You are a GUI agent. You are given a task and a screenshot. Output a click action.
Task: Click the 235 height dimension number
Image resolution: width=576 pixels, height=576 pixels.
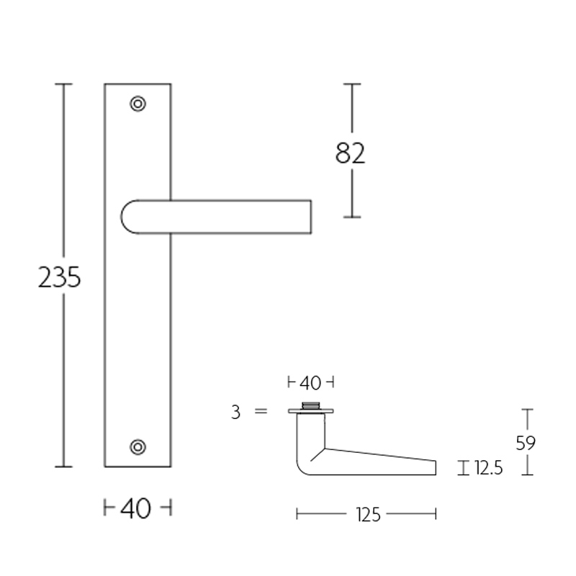pos(60,277)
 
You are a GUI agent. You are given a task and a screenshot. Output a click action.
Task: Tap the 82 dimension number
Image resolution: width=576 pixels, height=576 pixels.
pos(351,153)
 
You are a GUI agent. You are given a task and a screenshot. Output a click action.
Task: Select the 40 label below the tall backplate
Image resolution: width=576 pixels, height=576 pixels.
pos(136,509)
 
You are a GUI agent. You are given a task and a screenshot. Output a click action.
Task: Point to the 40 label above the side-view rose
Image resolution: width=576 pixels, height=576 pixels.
pos(310,382)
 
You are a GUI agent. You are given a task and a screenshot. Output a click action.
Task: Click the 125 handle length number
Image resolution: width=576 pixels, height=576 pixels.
pos(366,514)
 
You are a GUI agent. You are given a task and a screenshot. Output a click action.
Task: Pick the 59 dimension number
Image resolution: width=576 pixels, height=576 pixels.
pos(526,443)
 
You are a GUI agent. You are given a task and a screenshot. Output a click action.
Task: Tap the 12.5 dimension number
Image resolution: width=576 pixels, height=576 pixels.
pos(488,469)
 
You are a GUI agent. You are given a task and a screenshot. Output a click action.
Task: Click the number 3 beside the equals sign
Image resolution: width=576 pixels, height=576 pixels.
pos(235,413)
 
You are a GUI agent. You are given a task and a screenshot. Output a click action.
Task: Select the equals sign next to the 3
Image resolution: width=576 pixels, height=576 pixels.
pos(261,412)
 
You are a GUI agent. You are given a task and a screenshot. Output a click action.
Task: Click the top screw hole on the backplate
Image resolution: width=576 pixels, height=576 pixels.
pos(138,104)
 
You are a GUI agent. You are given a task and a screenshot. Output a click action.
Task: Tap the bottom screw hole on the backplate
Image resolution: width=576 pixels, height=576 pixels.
pos(138,446)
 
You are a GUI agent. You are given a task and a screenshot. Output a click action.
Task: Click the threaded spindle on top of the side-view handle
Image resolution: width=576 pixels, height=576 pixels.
pos(311,405)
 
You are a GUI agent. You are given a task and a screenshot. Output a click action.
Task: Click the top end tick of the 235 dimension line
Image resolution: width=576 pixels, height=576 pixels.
pos(64,84)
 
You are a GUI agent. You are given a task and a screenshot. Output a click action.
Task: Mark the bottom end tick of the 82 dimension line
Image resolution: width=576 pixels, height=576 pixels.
pos(351,217)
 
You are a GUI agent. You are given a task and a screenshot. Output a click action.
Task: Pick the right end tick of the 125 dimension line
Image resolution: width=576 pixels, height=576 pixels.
pos(436,514)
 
